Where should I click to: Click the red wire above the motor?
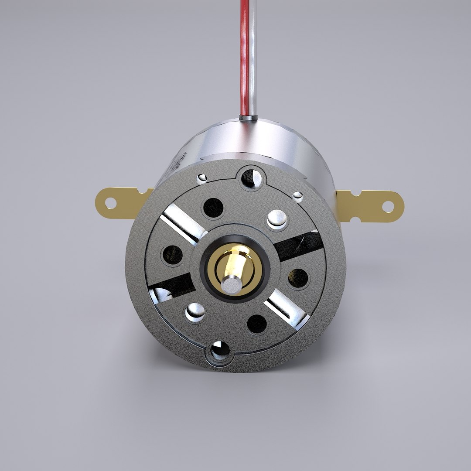[244, 57]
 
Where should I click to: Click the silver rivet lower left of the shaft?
[195, 311]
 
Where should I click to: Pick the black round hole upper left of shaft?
[213, 208]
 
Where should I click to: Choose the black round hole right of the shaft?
[299, 277]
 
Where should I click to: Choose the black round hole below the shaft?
[257, 323]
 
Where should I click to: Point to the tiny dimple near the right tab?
[298, 196]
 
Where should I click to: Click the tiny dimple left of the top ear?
[201, 177]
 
